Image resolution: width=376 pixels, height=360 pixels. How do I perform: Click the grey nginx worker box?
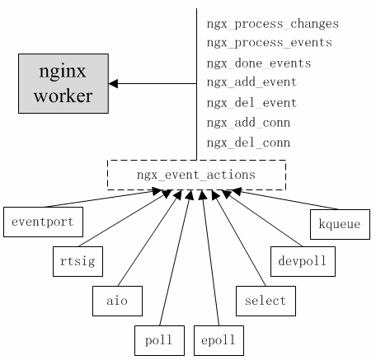[63, 82]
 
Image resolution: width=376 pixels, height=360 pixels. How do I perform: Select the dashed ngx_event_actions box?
[196, 175]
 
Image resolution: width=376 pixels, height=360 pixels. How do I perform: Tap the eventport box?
[43, 222]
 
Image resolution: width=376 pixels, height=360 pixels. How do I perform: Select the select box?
[266, 300]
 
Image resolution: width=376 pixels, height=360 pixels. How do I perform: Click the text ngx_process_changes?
[272, 23]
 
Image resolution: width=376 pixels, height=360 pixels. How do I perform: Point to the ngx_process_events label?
[269, 43]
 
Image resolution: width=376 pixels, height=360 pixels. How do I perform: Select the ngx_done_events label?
[259, 63]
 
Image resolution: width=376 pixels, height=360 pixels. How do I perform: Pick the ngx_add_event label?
[251, 82]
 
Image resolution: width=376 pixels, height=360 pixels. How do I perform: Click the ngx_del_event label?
[251, 103]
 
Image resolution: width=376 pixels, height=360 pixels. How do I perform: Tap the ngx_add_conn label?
[248, 123]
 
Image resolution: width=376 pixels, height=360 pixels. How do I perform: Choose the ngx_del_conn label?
[248, 143]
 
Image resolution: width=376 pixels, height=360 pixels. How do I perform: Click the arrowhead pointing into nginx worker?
[114, 83]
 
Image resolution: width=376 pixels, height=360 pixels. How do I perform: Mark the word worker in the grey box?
[63, 96]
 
